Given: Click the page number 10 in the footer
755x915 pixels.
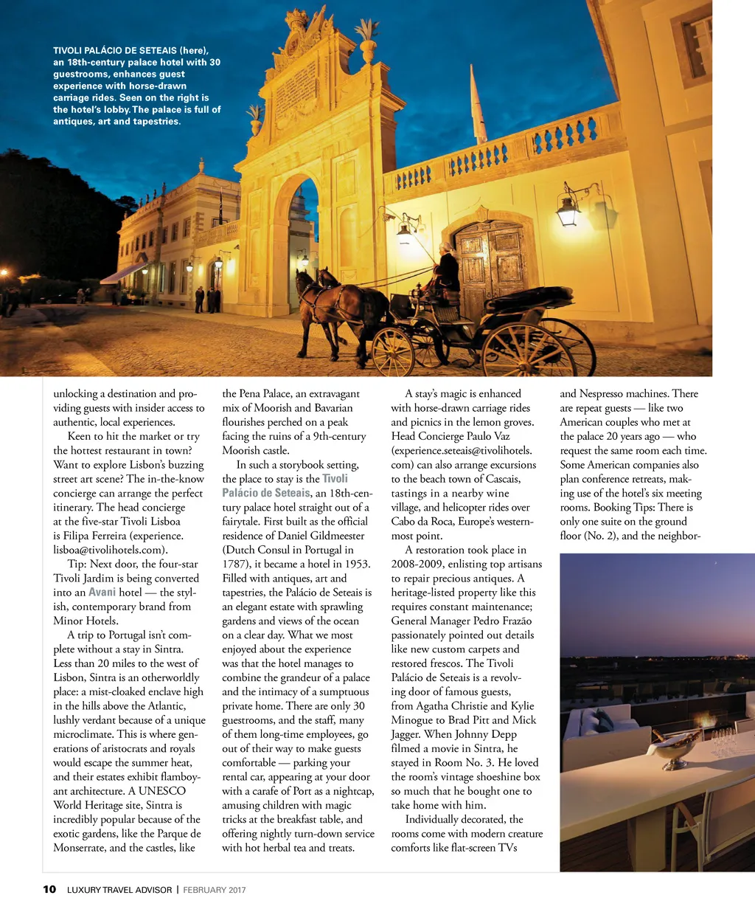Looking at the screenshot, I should pyautogui.click(x=49, y=889).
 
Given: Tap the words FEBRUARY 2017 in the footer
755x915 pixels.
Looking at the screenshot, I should pyautogui.click(x=215, y=890).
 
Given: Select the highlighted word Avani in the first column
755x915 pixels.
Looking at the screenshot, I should pyautogui.click(x=102, y=593).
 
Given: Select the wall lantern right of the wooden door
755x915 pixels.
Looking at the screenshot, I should pyautogui.click(x=568, y=211).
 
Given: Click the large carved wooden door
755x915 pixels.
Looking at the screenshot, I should pyautogui.click(x=491, y=266).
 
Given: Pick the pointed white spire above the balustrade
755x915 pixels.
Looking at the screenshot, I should pyautogui.click(x=477, y=107).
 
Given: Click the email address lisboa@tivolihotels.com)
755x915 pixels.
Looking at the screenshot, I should pyautogui.click(x=111, y=550).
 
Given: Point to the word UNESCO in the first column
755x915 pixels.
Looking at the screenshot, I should pyautogui.click(x=162, y=791).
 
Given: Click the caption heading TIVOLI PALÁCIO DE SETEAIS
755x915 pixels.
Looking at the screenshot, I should pyautogui.click(x=114, y=51).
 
